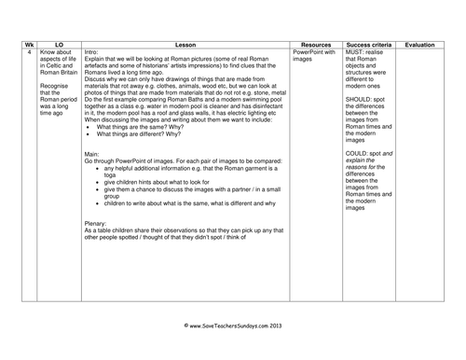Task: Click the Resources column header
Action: pos(317,44)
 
